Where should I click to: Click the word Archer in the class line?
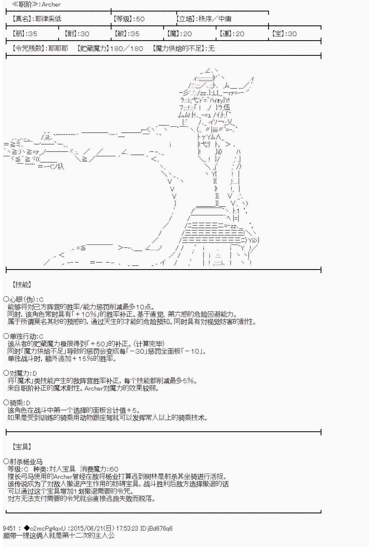click(51, 4)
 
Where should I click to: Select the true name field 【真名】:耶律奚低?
click(37, 19)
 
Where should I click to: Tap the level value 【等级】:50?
click(129, 19)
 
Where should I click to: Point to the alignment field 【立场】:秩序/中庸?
click(204, 19)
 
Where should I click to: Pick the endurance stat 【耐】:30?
click(77, 34)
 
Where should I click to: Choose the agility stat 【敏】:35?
click(127, 34)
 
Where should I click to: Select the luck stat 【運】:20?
click(232, 34)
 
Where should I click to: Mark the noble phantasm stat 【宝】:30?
click(284, 34)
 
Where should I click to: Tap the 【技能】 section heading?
click(22, 284)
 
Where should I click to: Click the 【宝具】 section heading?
click(22, 447)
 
